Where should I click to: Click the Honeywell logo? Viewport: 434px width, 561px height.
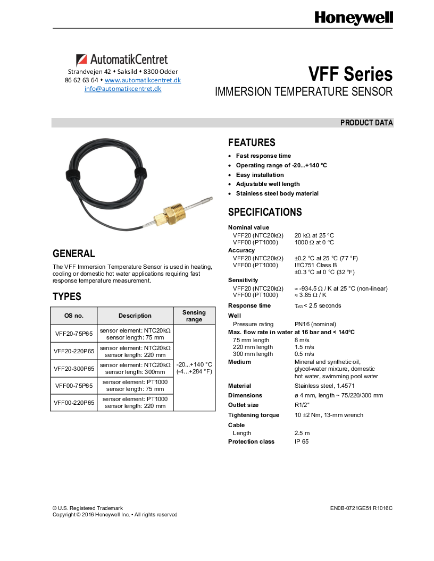[353, 19]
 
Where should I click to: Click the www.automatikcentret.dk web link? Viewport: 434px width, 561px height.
[143, 80]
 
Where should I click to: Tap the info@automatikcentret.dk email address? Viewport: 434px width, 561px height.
[123, 89]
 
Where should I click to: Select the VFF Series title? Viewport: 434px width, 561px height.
[350, 74]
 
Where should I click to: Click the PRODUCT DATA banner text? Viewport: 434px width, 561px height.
[366, 123]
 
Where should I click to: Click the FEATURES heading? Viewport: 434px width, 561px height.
[252, 142]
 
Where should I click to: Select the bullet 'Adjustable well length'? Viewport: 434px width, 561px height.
[268, 184]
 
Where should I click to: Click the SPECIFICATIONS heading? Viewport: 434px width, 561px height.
[265, 212]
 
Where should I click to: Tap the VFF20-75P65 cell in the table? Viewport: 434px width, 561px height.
[74, 334]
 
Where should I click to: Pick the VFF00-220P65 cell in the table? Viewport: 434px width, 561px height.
[74, 403]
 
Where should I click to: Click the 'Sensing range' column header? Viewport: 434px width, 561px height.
[194, 316]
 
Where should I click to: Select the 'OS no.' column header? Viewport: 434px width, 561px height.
[74, 316]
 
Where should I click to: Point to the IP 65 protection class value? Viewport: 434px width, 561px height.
[302, 441]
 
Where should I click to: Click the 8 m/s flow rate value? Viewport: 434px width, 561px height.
[302, 340]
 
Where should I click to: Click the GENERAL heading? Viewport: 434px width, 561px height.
[74, 253]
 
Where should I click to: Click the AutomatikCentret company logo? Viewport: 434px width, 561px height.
[122, 59]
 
